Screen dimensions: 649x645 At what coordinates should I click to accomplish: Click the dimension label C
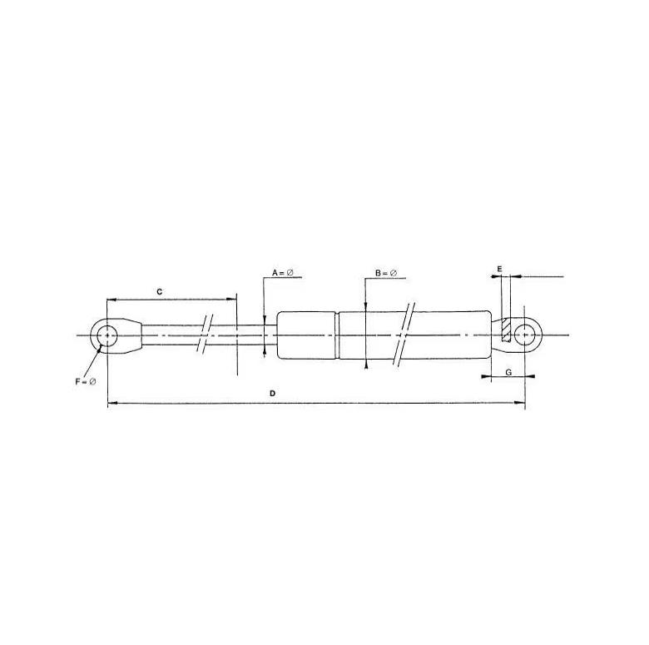pos(160,292)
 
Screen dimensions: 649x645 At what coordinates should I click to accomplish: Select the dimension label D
pos(272,394)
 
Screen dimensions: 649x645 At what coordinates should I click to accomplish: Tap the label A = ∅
pos(283,273)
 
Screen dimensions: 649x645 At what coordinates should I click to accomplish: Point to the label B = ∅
pos(386,273)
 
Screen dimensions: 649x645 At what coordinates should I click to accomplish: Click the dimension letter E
pos(499,269)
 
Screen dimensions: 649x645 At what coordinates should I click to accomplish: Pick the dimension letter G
pos(508,372)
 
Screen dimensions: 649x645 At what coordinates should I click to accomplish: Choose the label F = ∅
pos(85,382)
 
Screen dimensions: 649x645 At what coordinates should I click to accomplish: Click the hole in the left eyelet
pos(107,335)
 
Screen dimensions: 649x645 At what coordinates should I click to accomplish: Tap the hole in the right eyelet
pos(524,335)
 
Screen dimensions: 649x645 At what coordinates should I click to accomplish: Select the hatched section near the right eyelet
pos(506,330)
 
